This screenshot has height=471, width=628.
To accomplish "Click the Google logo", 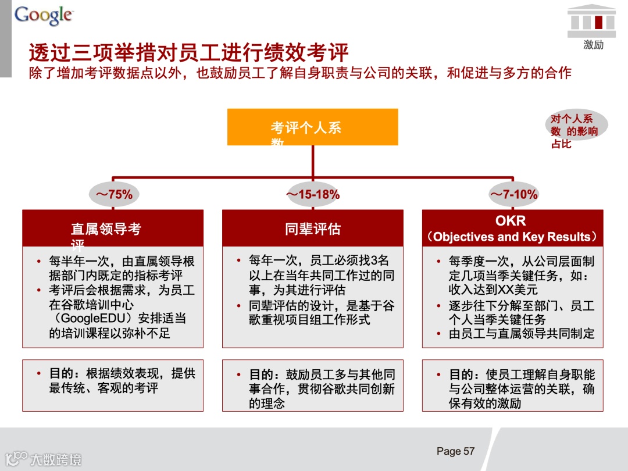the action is (x=44, y=15).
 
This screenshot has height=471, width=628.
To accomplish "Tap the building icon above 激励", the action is (x=592, y=20).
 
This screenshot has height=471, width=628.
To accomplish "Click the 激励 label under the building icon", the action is (x=593, y=45).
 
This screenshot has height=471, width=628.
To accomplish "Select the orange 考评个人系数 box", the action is (x=312, y=127).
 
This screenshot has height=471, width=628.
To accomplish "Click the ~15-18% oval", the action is (x=313, y=195).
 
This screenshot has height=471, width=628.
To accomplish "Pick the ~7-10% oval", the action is (x=513, y=195).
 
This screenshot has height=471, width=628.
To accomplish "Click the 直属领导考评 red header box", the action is (x=113, y=229).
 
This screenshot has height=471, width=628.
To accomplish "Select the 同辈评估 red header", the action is (x=312, y=229).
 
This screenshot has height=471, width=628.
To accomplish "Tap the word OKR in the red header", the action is (x=511, y=221).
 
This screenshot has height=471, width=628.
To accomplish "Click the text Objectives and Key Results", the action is (x=511, y=237).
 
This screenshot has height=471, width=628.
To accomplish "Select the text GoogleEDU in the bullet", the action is (x=98, y=319).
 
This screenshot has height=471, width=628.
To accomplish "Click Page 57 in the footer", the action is (x=455, y=451).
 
